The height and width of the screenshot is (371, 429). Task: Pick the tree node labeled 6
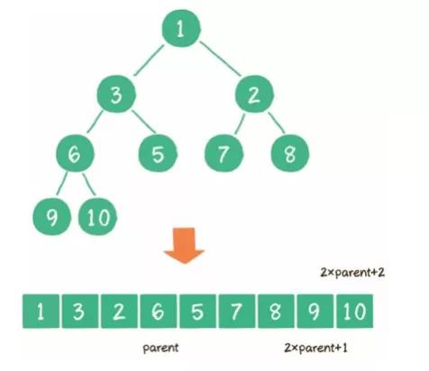click(74, 153)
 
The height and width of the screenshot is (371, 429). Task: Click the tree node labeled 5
click(158, 153)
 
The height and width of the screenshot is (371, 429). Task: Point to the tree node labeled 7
click(222, 153)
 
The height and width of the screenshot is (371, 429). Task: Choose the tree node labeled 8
click(290, 153)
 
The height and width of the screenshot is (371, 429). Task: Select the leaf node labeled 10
click(96, 215)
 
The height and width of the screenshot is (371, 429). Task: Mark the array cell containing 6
click(156, 312)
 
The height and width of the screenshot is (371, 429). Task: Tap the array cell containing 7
click(235, 312)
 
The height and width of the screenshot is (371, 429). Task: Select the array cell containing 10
click(353, 312)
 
